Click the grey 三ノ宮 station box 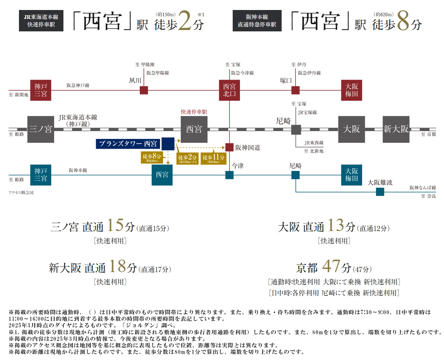click(41, 129)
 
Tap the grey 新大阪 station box click(396, 129)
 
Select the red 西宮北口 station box click(229, 90)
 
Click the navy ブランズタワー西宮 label click(128, 144)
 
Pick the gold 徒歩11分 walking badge click(213, 159)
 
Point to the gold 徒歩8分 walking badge click(152, 157)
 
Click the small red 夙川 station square click(144, 90)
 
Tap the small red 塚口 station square click(295, 90)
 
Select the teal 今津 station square click(229, 175)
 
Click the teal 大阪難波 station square click(380, 192)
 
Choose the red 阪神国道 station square click(229, 147)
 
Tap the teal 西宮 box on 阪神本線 click(162, 175)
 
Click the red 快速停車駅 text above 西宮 click(194, 112)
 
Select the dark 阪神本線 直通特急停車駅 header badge click(257, 21)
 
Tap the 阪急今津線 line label click(242, 73)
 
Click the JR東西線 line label click(314, 143)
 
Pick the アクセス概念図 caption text click(21, 193)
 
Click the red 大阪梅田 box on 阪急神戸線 click(352, 90)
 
